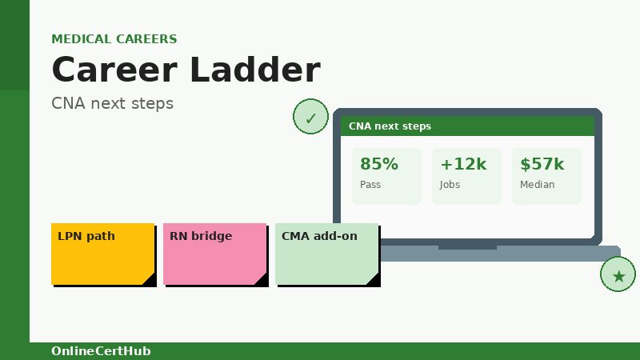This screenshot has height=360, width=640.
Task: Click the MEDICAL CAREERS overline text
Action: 114,39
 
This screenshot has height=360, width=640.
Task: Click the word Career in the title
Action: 114,70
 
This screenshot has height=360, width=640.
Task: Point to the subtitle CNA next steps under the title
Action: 112,103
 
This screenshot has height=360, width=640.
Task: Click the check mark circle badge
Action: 310,118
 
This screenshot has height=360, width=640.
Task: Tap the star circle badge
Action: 618,275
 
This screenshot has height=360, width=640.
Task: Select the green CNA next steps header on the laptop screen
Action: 467,126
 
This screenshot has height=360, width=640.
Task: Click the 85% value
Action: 378,164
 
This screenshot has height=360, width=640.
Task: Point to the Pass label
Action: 370,185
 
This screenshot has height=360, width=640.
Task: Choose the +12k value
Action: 463,164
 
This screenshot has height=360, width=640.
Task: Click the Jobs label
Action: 450,185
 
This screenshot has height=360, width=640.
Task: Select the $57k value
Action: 542,164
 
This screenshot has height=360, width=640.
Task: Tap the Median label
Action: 537,185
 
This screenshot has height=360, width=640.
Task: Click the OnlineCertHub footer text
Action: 101,351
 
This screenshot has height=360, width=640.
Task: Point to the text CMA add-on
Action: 319,236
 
